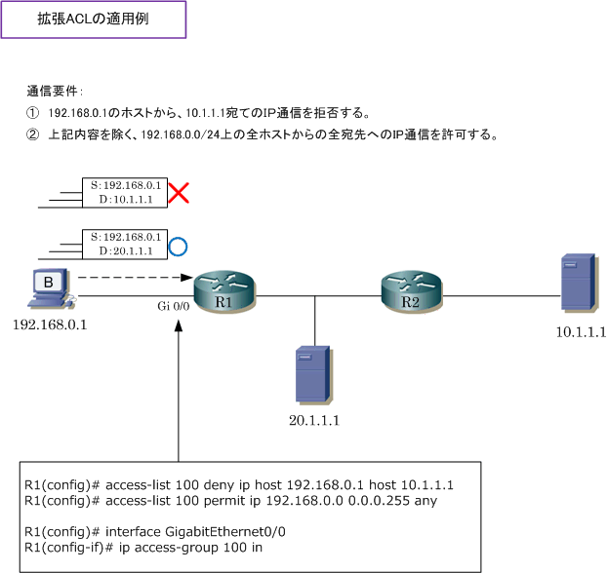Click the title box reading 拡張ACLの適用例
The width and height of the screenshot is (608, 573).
coord(94,19)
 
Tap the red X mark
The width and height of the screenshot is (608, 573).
coord(179,193)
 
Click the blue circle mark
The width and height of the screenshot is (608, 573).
coord(178,247)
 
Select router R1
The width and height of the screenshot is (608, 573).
coord(224,292)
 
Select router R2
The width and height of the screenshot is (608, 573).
coord(412,292)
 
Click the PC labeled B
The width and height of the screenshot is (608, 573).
coord(52,288)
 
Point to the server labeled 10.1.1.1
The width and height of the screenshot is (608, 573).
coord(579,283)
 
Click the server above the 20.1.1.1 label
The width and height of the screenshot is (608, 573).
coord(313,375)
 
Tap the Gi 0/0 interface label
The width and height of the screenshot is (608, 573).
coord(174,306)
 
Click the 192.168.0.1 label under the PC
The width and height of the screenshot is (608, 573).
coord(50,325)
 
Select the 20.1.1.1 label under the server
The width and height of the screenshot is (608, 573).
coord(314,420)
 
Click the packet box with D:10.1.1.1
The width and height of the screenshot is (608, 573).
coord(125,193)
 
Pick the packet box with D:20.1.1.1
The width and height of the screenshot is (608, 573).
coord(125,245)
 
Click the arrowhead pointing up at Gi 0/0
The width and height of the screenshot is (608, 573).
coord(179,325)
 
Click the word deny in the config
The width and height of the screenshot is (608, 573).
coord(219,484)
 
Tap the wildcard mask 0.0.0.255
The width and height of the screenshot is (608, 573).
coord(379,501)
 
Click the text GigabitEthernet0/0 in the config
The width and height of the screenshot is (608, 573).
coord(225,532)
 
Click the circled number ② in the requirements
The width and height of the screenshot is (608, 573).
coord(32,134)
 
